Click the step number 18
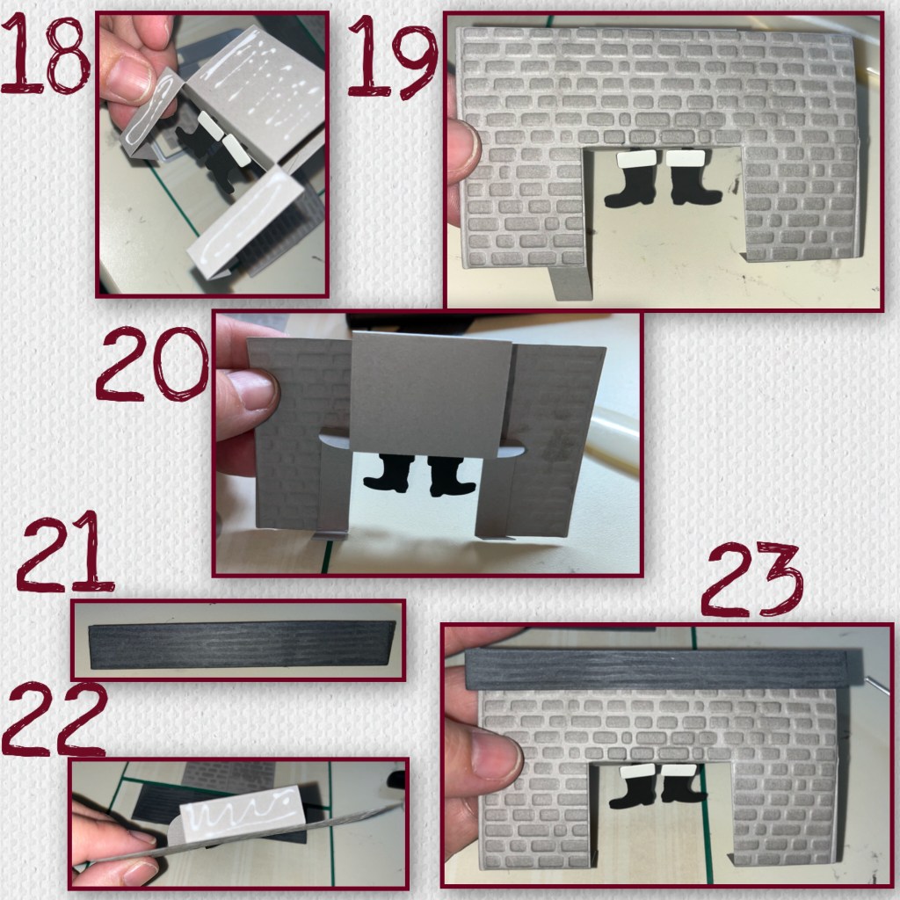click(x=45, y=54)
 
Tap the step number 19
click(x=393, y=56)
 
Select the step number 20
click(x=152, y=364)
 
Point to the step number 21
click(x=65, y=552)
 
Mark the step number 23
click(x=752, y=579)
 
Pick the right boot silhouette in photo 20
click(x=451, y=475)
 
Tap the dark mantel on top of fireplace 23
click(x=657, y=669)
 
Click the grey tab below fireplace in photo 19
click(x=570, y=283)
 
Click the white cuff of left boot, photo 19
click(x=636, y=158)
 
